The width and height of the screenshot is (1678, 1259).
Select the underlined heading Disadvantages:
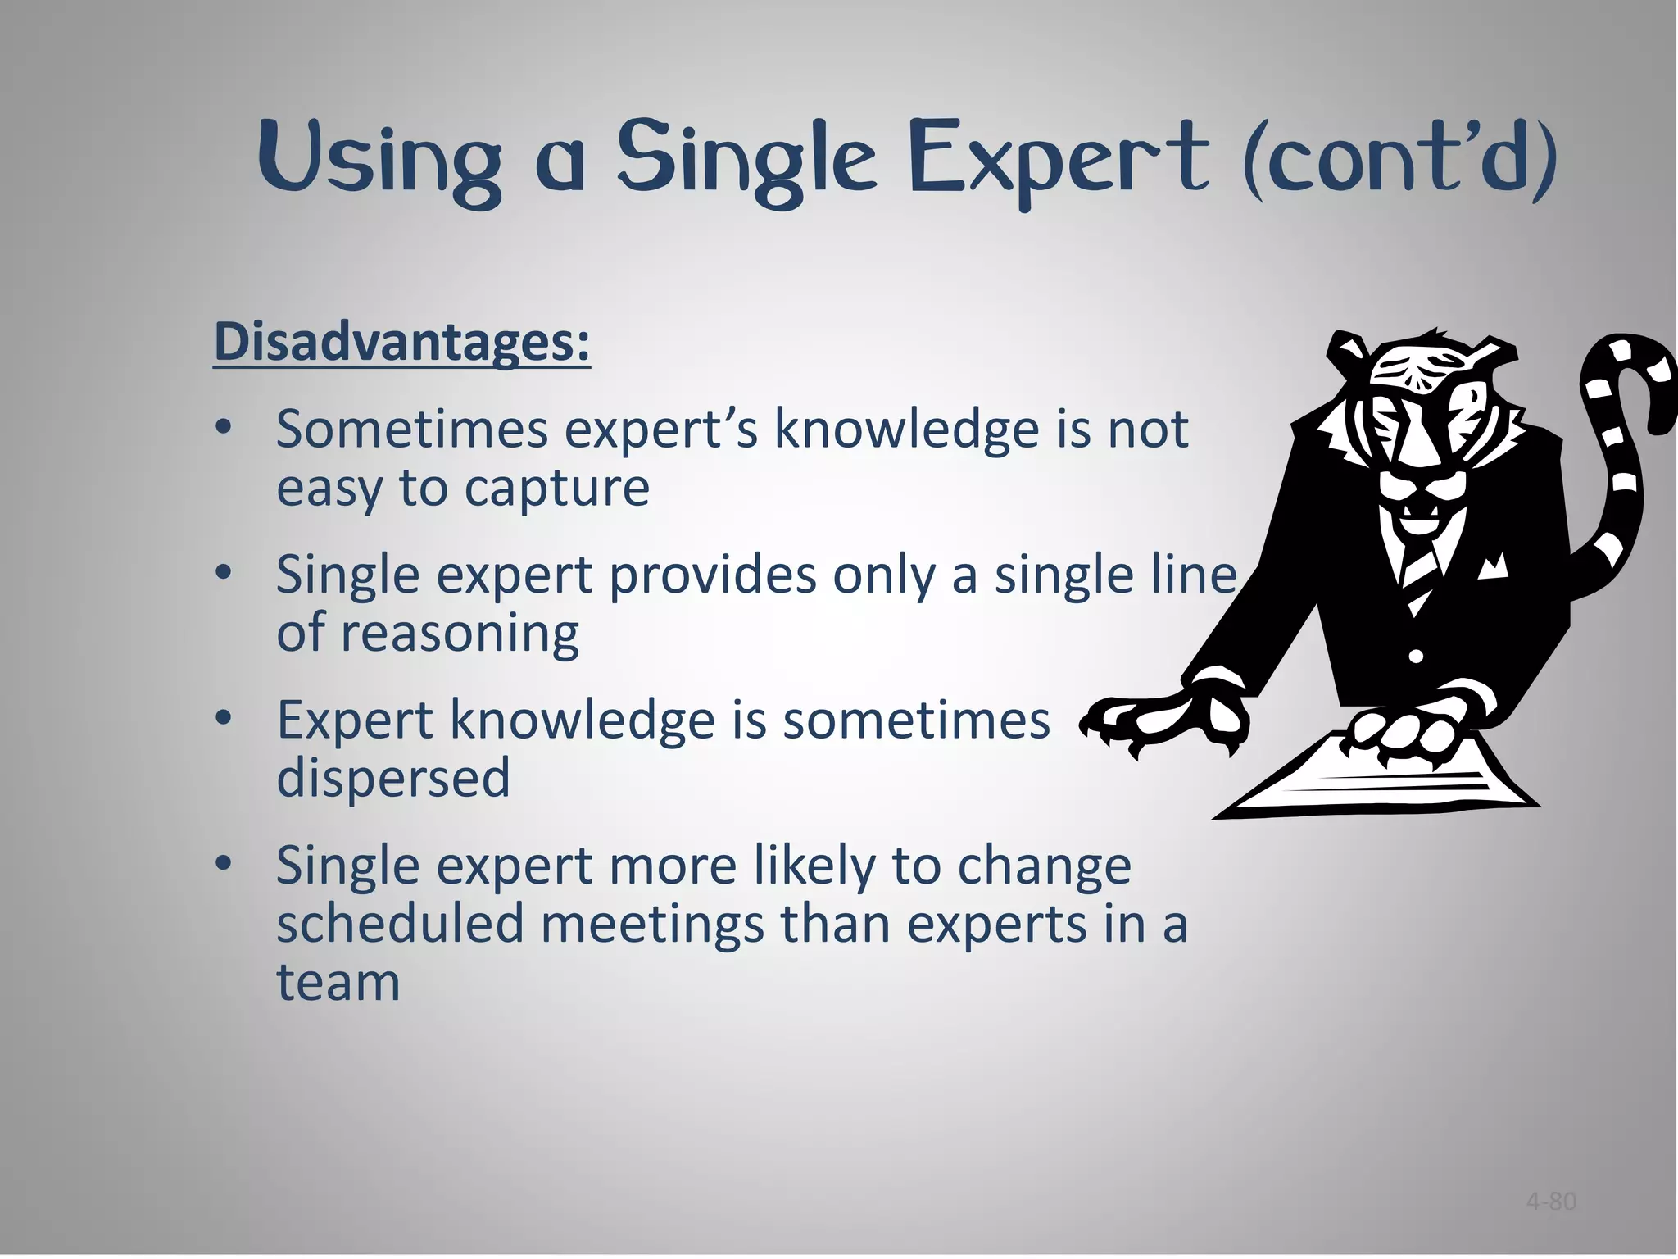point(401,342)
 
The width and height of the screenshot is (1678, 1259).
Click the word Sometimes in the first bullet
point(411,429)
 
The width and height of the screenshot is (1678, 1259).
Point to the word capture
point(556,489)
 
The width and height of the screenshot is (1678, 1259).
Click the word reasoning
point(460,634)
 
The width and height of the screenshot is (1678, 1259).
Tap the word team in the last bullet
point(338,981)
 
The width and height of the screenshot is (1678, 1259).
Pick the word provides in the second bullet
point(712,575)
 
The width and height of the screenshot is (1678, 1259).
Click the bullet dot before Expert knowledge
point(224,719)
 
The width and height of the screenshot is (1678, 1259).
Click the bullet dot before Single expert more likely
point(224,864)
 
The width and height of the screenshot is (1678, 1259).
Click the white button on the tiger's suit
point(1416,656)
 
